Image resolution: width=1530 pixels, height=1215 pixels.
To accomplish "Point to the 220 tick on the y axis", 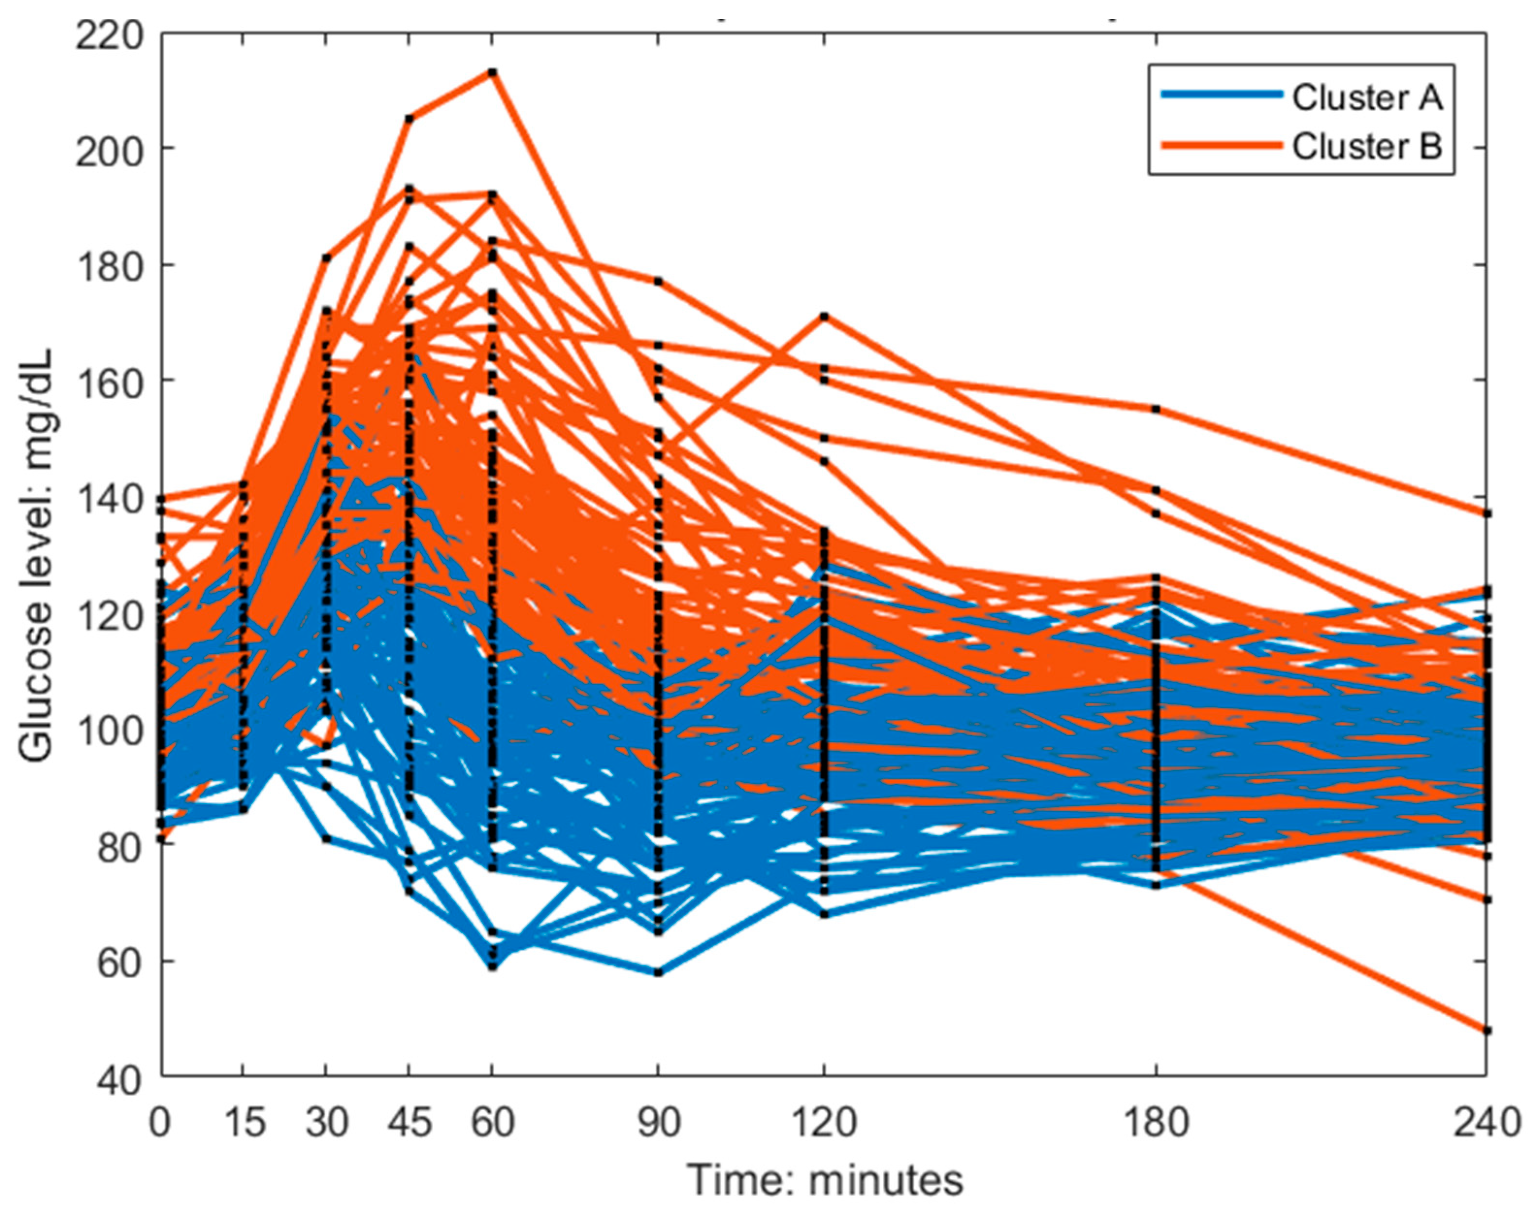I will click(x=108, y=35).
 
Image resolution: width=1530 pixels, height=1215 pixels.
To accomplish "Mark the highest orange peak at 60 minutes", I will click(x=492, y=72).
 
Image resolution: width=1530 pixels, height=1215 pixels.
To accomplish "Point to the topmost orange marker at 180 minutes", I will click(x=1156, y=409).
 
